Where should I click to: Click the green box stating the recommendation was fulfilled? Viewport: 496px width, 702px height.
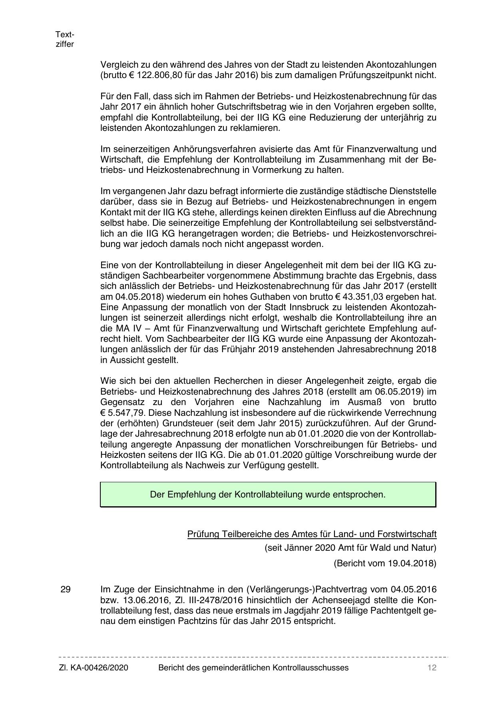268,495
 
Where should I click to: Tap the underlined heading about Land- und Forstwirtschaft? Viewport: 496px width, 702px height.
312,534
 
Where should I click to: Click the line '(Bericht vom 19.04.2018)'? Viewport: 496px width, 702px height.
385,564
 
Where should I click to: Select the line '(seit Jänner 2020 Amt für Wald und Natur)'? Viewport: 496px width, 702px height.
350,548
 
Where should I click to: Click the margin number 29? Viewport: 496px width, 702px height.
66,590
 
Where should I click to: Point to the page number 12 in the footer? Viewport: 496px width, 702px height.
432,668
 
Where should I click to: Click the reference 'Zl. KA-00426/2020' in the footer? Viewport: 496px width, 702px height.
94,668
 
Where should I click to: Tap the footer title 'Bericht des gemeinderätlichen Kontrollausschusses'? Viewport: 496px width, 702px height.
253,668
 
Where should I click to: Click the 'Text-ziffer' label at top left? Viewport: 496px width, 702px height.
65,39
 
